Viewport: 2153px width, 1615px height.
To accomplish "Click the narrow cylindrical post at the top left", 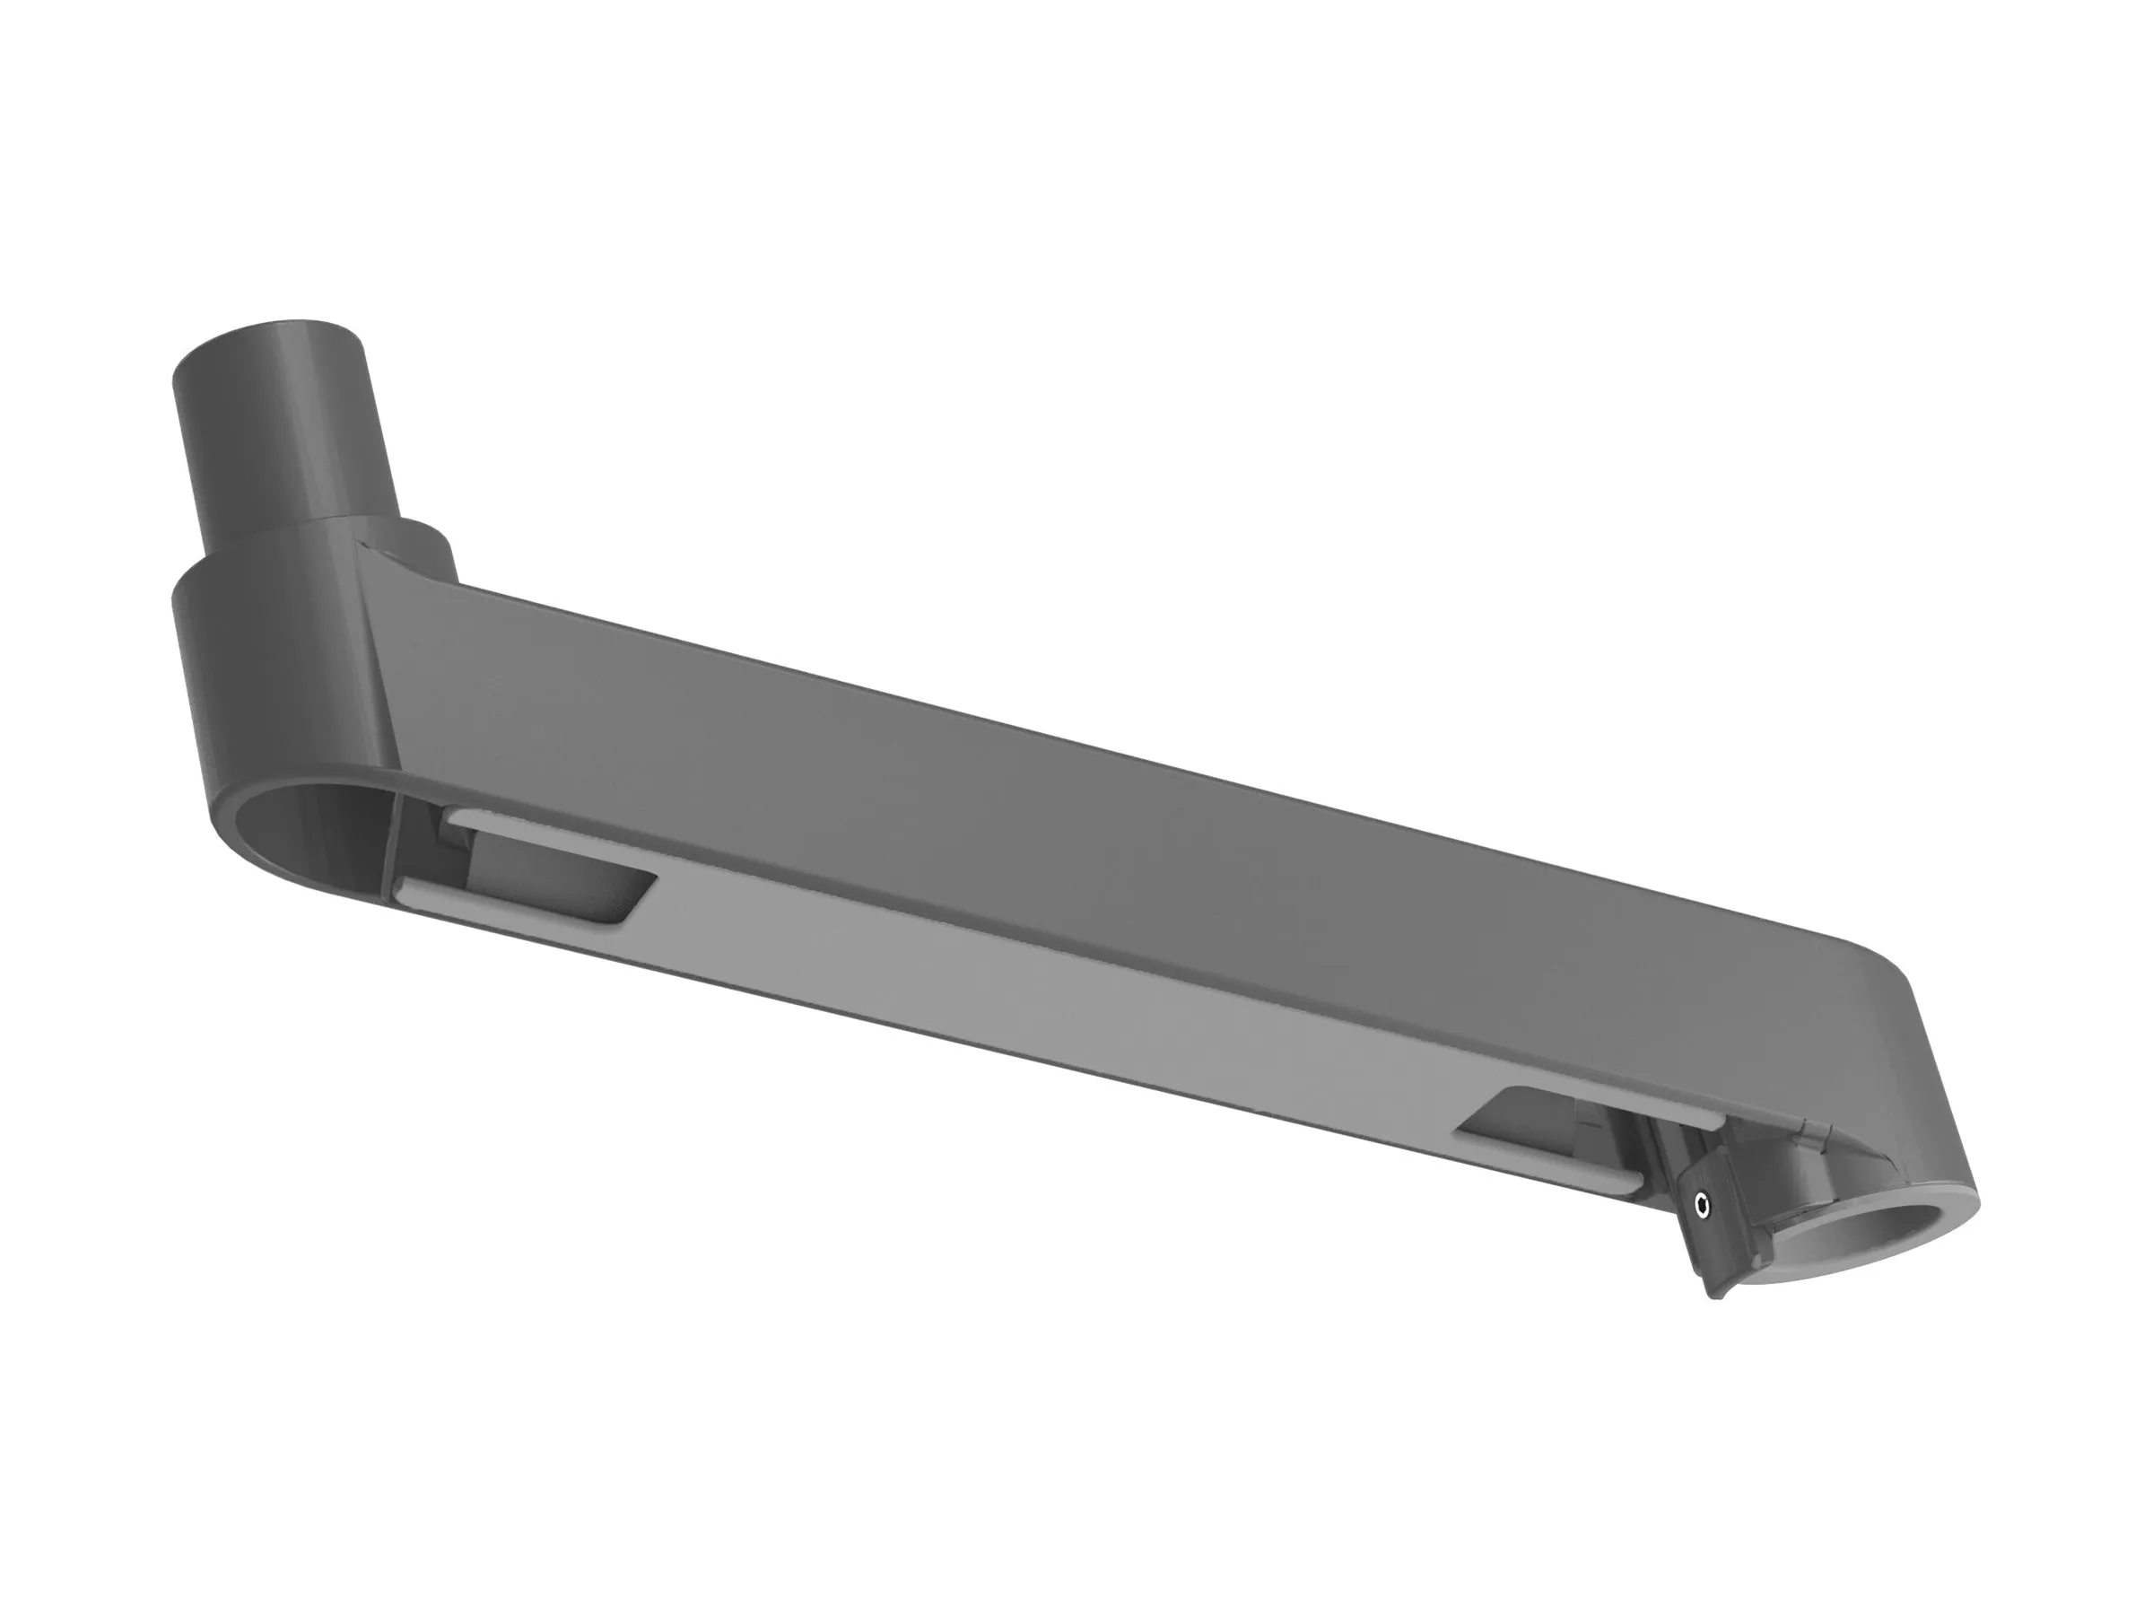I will (x=283, y=419).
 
